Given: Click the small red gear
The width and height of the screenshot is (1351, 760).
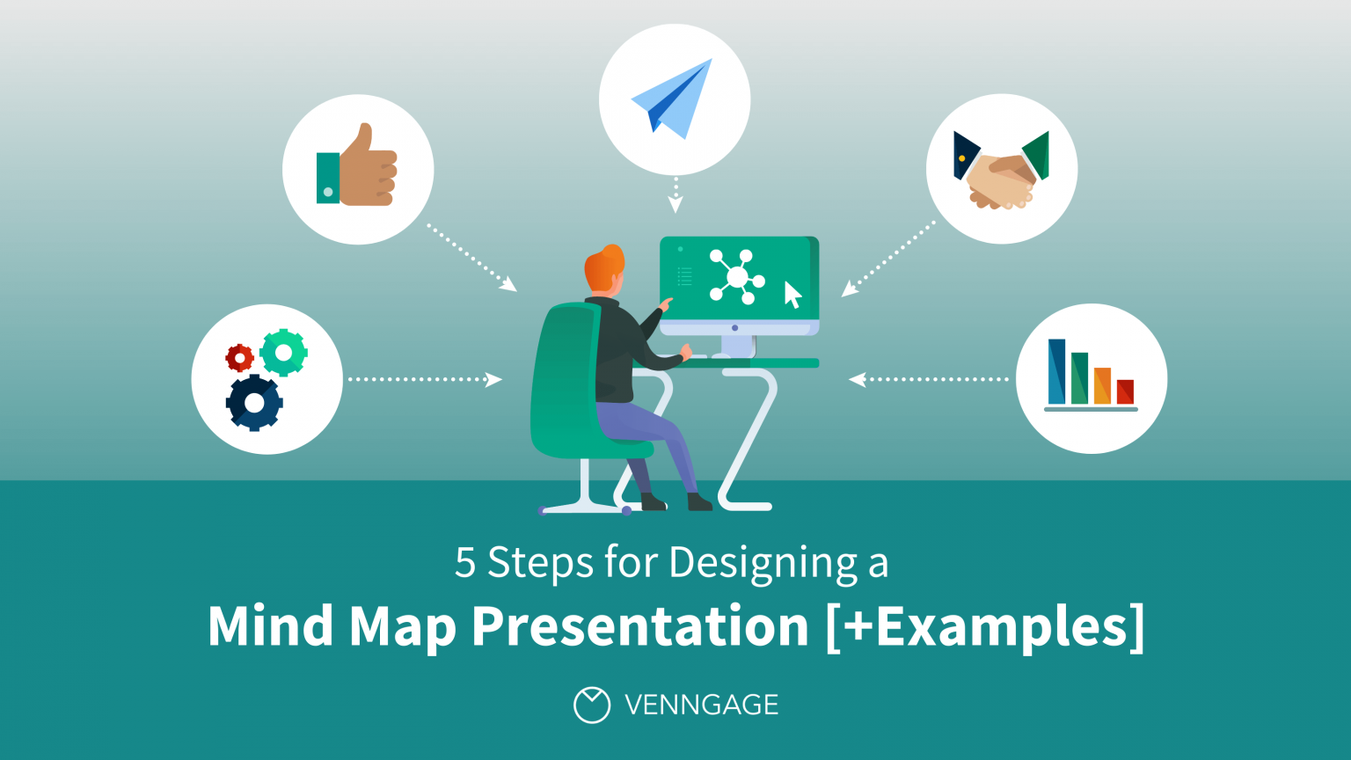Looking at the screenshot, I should tap(239, 358).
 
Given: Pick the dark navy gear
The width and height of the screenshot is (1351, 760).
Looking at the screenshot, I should tap(254, 403).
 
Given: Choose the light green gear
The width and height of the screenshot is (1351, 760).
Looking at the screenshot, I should tap(283, 353).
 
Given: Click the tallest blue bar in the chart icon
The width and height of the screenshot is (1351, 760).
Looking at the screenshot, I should tap(1056, 371).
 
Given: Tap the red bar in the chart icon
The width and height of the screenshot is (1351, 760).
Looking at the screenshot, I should tap(1125, 391).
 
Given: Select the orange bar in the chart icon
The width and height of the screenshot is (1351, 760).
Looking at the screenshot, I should tap(1102, 385).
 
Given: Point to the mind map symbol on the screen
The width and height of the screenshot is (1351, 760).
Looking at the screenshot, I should tap(736, 277).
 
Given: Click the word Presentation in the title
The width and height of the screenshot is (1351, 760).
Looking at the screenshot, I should tap(639, 626).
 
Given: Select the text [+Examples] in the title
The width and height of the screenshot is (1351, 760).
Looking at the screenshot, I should tap(985, 626).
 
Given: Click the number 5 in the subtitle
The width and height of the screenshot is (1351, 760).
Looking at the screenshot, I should tap(464, 563).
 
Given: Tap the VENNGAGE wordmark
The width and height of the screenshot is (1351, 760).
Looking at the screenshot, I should tap(701, 705).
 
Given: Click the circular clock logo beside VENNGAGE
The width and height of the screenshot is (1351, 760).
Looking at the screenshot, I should tap(591, 705).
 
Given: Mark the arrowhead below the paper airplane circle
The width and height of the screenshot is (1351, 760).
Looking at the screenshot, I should tap(675, 206).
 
